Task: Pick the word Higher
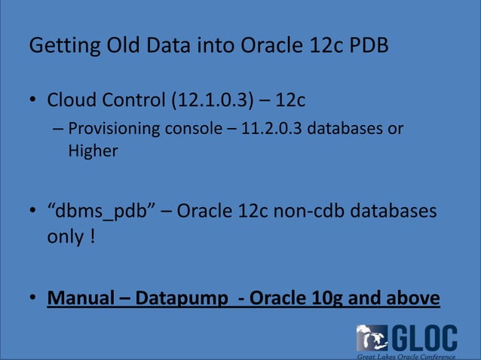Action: click(x=93, y=151)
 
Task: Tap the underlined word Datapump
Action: click(x=182, y=298)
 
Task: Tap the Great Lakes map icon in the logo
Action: click(x=372, y=337)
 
